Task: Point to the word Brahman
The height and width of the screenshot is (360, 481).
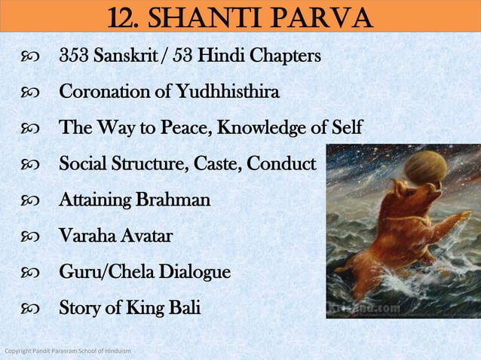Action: (x=176, y=201)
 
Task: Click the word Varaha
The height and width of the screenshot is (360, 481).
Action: (x=85, y=236)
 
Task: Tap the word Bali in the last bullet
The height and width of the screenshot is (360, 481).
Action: (x=185, y=309)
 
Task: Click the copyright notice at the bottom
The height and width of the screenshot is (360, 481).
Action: (x=68, y=352)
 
